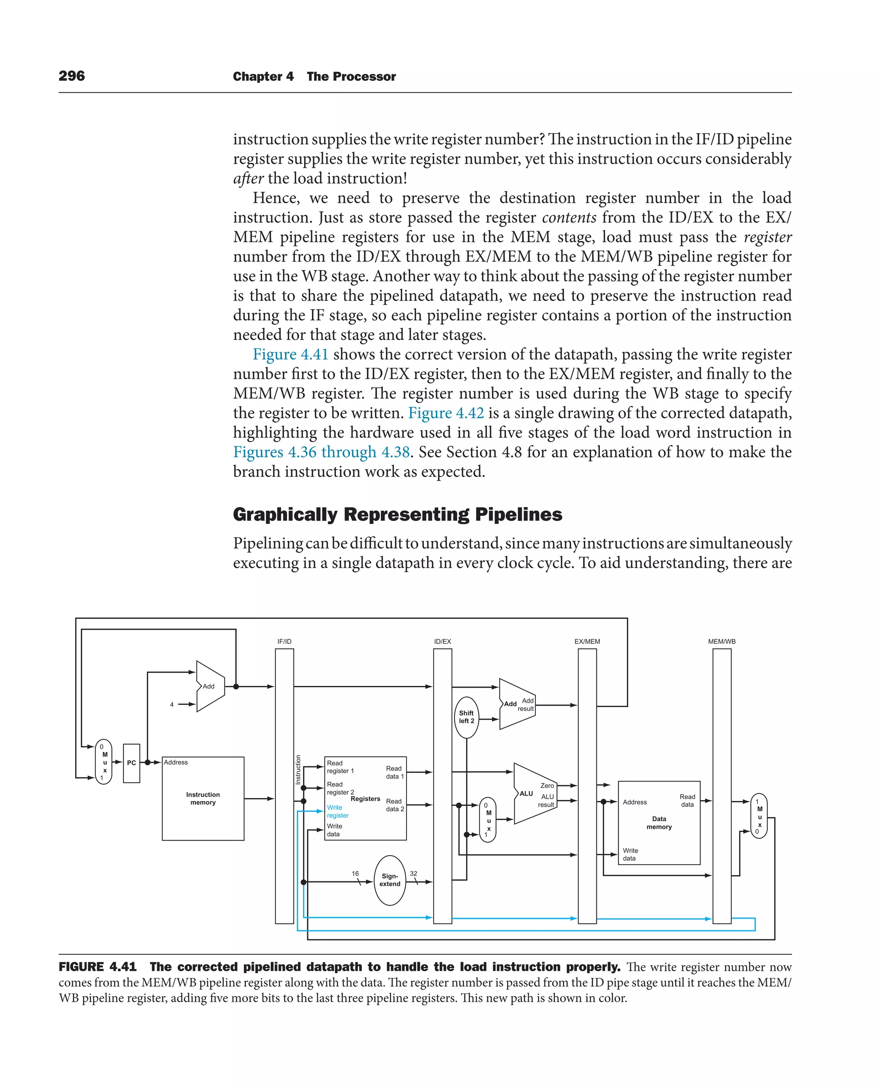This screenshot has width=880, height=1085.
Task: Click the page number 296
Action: pyautogui.click(x=71, y=76)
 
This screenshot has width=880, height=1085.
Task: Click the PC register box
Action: pyautogui.click(x=131, y=763)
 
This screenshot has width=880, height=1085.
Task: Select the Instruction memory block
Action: pyautogui.click(x=203, y=799)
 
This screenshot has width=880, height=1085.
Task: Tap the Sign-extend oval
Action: pyautogui.click(x=390, y=880)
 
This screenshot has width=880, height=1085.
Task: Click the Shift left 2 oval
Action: pyautogui.click(x=466, y=716)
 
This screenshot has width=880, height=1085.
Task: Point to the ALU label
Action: pyautogui.click(x=526, y=794)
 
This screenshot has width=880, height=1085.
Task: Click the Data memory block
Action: pyautogui.click(x=659, y=823)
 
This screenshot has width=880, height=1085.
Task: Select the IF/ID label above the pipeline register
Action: pyautogui.click(x=284, y=642)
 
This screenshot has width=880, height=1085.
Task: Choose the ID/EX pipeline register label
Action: pyautogui.click(x=443, y=642)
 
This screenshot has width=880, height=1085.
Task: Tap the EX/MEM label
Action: pyautogui.click(x=587, y=642)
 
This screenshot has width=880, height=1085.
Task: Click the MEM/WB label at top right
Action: pyautogui.click(x=721, y=642)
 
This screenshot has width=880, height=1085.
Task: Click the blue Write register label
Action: pyautogui.click(x=337, y=811)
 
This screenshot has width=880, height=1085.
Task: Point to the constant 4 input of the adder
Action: pyautogui.click(x=172, y=704)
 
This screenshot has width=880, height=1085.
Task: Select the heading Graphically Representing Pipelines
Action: pyautogui.click(x=397, y=515)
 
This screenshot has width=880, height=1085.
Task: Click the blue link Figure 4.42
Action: pyautogui.click(x=446, y=413)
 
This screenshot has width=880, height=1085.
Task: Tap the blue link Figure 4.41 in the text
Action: pyautogui.click(x=290, y=354)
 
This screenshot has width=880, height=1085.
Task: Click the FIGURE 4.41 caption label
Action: pyautogui.click(x=98, y=967)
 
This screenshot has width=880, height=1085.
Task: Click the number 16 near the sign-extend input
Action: pyautogui.click(x=355, y=874)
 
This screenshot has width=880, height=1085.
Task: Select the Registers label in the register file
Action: pyautogui.click(x=365, y=799)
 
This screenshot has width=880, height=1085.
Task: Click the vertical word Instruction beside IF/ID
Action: pyautogui.click(x=298, y=769)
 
